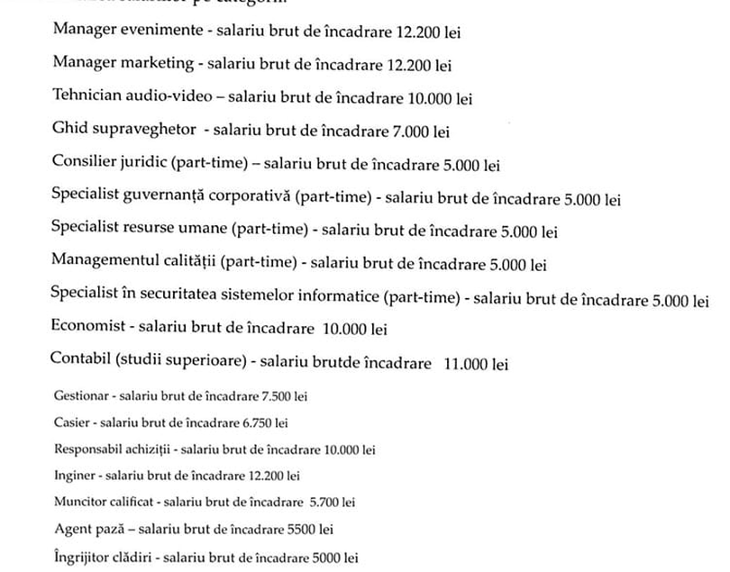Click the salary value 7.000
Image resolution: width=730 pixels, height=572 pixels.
pos(410,132)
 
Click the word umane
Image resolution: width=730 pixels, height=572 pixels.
pos(204,232)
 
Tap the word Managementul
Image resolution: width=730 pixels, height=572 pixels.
pos(104,265)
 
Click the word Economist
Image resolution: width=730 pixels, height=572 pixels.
pos(89,331)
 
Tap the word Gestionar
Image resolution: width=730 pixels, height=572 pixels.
pos(80,396)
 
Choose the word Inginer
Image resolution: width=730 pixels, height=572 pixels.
pos(72,475)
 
